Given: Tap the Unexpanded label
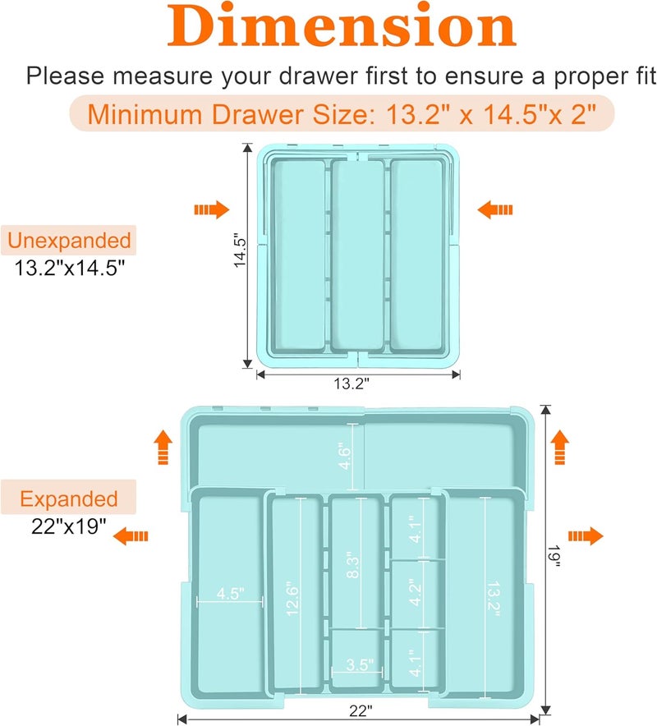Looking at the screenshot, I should tap(69, 241).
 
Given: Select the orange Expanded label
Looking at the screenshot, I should tap(69, 499).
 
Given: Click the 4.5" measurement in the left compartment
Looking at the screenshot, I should tap(230, 594).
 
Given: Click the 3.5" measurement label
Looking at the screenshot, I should tap(359, 664).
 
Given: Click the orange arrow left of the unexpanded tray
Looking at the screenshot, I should tap(211, 210).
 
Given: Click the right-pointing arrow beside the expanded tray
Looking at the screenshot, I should tap(586, 536).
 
